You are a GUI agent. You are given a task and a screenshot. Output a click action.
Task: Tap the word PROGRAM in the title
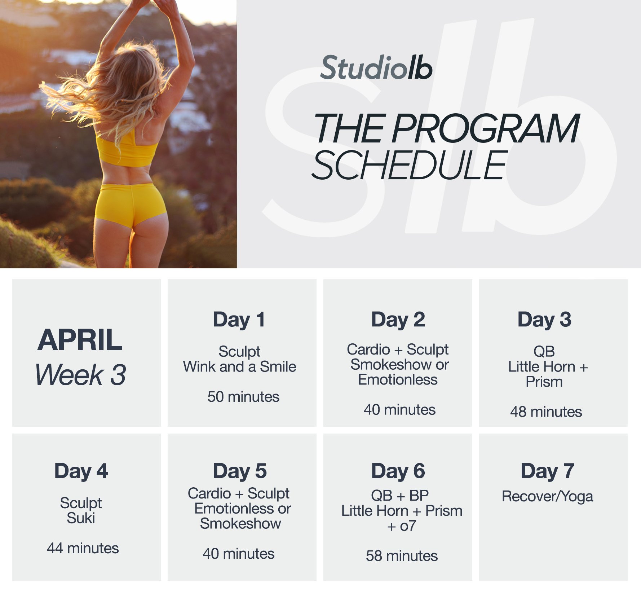point(486,128)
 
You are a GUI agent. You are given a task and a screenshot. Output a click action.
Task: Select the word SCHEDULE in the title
point(410,165)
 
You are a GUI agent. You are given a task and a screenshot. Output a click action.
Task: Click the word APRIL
point(80,340)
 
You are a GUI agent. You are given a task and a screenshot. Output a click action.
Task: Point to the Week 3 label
point(81,374)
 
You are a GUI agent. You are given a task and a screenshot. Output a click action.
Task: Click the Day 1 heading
point(239,320)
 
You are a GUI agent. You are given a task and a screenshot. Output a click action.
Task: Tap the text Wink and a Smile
point(239,367)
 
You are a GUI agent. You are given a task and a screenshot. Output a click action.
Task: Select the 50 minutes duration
point(243,397)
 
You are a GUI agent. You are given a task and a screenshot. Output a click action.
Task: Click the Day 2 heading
point(398,320)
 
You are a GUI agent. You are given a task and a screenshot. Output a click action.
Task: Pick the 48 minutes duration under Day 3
point(546,412)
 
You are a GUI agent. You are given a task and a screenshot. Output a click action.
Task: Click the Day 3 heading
point(544,320)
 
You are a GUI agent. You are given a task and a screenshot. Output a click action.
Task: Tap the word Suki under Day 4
point(81,518)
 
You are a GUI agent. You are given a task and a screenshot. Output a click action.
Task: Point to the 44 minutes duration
point(83,548)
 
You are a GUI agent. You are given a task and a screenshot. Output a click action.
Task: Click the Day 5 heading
point(240,471)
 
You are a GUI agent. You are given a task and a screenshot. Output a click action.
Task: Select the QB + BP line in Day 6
point(400,496)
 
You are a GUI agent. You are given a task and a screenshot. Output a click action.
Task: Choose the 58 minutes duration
point(402,556)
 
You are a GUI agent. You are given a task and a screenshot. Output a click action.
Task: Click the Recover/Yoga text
point(547,497)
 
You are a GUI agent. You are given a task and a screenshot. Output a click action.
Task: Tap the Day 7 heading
point(547,471)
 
